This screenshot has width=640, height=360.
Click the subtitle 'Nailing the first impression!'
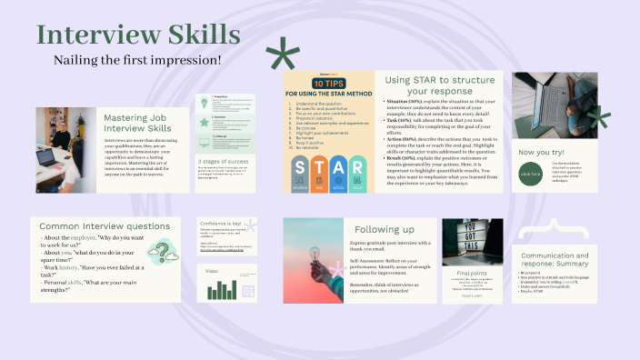pos(137,60)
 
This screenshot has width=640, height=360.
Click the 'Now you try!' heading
pos(541,151)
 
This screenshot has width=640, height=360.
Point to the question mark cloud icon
pos(164,251)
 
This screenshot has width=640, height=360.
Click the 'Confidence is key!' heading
pos(219,223)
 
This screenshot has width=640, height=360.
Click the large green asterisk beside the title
pos(282,60)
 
